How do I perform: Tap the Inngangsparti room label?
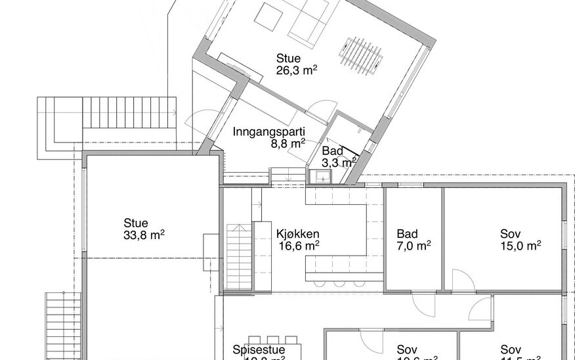pos(269,131)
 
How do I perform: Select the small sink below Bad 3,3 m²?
pos(322,177)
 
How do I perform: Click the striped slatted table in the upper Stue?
pos(361,53)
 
